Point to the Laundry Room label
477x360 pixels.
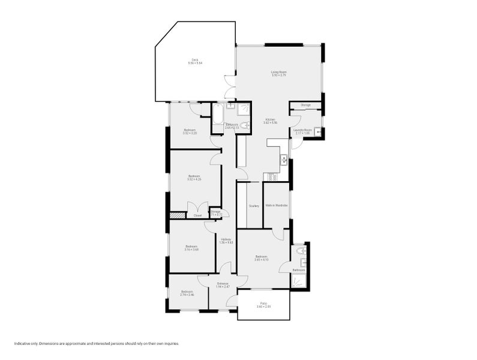coord(302,130)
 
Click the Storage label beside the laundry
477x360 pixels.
coord(305,105)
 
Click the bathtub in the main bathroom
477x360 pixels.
coord(218,113)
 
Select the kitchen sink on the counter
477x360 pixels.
coord(283,159)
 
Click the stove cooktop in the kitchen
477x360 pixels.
coord(271,176)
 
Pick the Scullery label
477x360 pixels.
coord(254,206)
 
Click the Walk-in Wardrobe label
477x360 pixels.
coord(277,206)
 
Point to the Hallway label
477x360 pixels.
coord(226,240)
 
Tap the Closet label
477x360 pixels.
coord(197,215)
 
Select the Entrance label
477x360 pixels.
coord(223,283)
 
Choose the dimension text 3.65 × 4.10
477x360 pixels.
coord(261,259)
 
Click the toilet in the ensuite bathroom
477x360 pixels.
coord(299,251)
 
